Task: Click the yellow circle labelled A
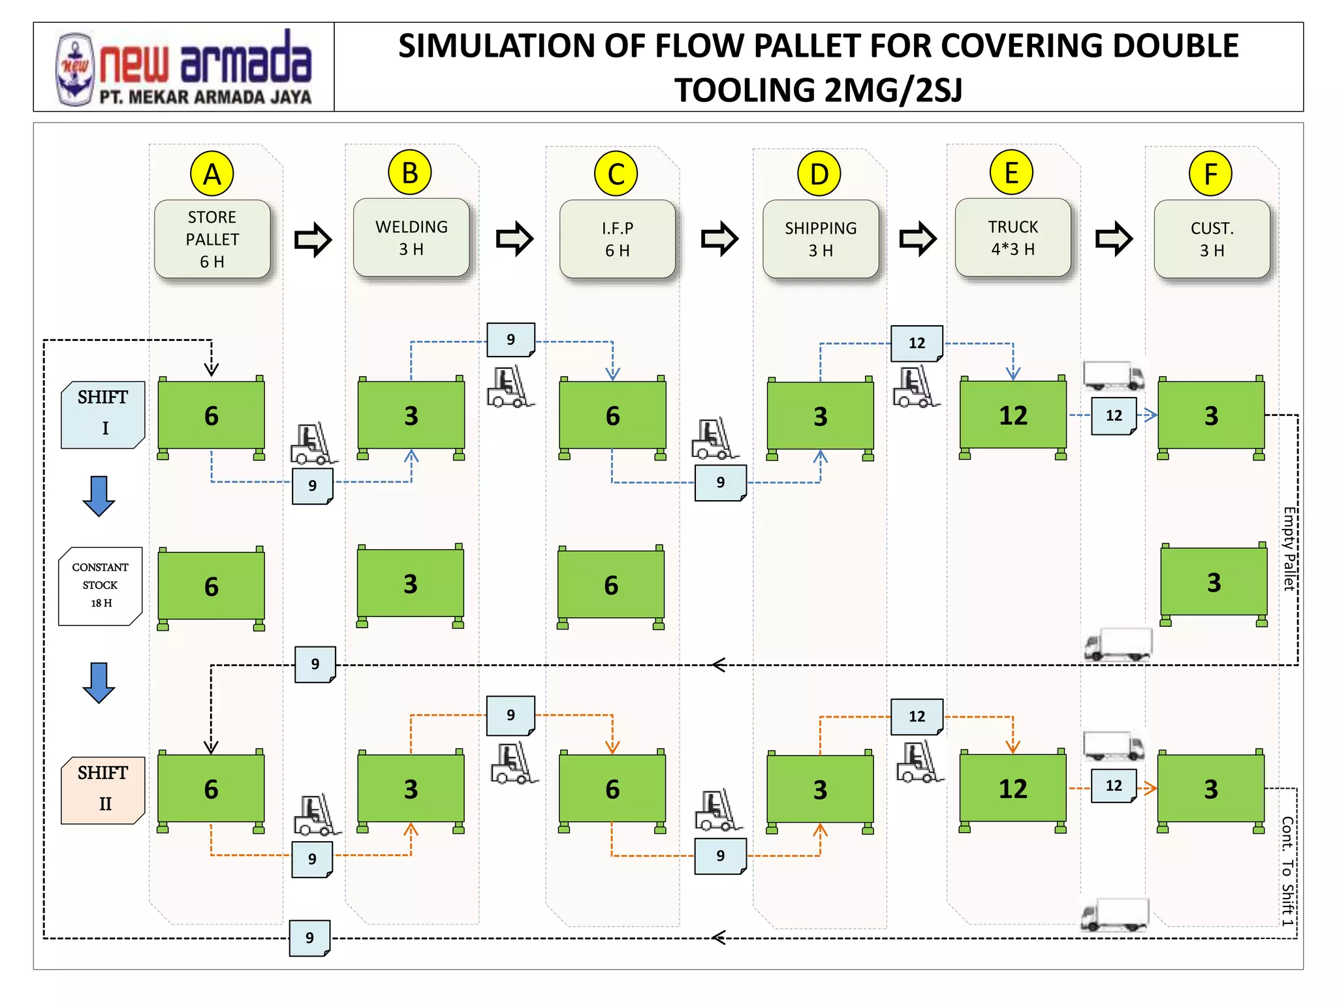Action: [212, 174]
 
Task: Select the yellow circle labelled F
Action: [1210, 174]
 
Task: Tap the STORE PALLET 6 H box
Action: [212, 239]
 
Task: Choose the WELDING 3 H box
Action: [411, 238]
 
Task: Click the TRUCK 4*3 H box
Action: [1013, 238]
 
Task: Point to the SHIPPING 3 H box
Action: [821, 239]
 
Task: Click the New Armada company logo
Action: [184, 67]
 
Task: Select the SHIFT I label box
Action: [102, 414]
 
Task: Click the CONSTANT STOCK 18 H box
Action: [100, 585]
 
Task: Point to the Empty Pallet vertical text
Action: [1289, 549]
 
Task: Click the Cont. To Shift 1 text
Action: [1287, 870]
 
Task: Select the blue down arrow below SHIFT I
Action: [99, 496]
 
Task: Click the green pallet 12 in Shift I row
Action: [1013, 415]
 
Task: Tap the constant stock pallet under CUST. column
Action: [1214, 582]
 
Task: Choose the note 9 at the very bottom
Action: [309, 938]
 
